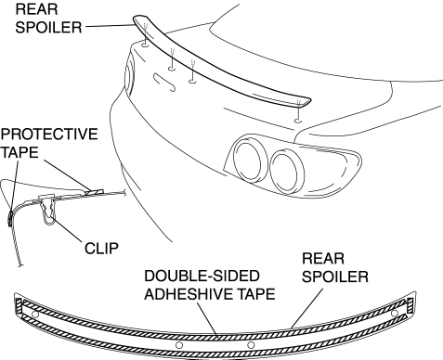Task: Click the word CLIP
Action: pyautogui.click(x=101, y=249)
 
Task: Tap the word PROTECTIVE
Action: pyautogui.click(x=49, y=135)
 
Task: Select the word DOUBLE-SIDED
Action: pyautogui.click(x=202, y=276)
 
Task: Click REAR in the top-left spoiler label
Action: pyautogui.click(x=36, y=9)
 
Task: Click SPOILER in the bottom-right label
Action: pyautogui.click(x=335, y=276)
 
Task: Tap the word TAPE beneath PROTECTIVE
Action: pyautogui.click(x=20, y=152)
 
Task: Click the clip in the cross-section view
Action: pyautogui.click(x=48, y=210)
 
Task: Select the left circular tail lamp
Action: pyautogui.click(x=251, y=161)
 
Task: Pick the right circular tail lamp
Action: pyautogui.click(x=287, y=171)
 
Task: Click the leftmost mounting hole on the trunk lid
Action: pyautogui.click(x=145, y=45)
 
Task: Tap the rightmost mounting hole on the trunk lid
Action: pyautogui.click(x=298, y=121)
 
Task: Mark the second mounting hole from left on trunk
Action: pyautogui.click(x=172, y=69)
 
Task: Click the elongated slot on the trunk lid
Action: pyautogui.click(x=164, y=83)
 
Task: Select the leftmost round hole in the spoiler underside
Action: pyautogui.click(x=35, y=315)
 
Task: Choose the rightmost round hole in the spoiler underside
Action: pyautogui.click(x=395, y=314)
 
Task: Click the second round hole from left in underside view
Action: pyautogui.click(x=179, y=345)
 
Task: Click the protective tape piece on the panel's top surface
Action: pyautogui.click(x=94, y=191)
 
